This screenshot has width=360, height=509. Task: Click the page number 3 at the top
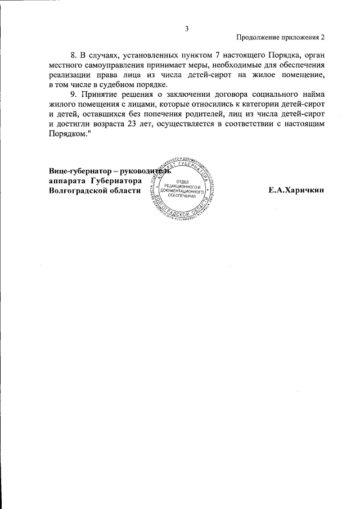pyautogui.click(x=186, y=29)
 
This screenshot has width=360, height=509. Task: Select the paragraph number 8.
pyautogui.click(x=73, y=57)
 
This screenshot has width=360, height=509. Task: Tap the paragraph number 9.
pyautogui.click(x=73, y=95)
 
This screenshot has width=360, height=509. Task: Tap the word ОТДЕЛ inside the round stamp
pyautogui.click(x=182, y=182)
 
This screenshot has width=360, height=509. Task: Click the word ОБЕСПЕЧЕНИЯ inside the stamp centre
pyautogui.click(x=182, y=197)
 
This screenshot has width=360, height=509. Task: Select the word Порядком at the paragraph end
pyautogui.click(x=68, y=133)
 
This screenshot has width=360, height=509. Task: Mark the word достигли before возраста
pyautogui.click(x=73, y=124)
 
